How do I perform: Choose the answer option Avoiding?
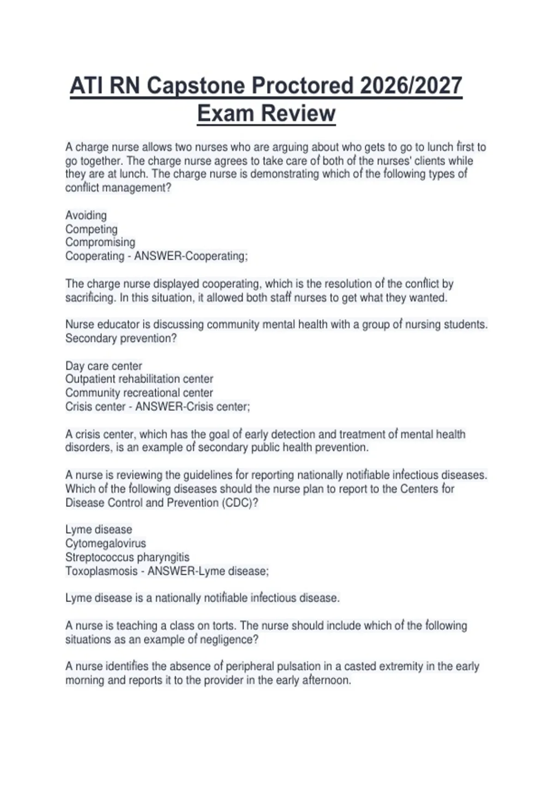(x=86, y=216)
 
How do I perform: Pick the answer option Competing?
(x=91, y=229)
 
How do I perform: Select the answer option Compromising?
(x=100, y=242)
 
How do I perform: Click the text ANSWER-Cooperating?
(x=191, y=256)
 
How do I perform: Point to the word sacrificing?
(x=90, y=298)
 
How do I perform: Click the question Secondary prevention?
(x=121, y=338)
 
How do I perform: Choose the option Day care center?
(x=103, y=366)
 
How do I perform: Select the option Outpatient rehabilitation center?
(x=139, y=379)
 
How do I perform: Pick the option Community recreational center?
(x=139, y=393)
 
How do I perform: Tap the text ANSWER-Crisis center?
(x=193, y=407)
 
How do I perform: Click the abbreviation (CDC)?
(x=240, y=503)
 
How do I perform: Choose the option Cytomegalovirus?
(x=105, y=543)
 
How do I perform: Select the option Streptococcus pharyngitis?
(x=127, y=557)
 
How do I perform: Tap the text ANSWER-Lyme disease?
(x=208, y=571)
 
